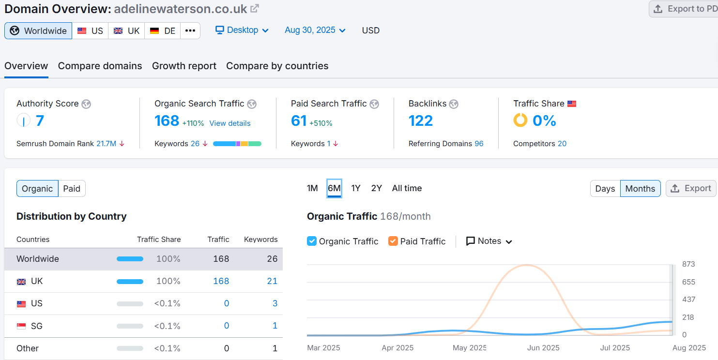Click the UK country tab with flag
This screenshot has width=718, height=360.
tap(126, 31)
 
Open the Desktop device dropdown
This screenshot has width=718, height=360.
tap(242, 30)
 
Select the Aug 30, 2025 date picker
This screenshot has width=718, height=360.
tap(315, 30)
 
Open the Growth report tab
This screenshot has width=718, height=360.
tap(184, 66)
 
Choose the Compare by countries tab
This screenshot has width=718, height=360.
tap(277, 66)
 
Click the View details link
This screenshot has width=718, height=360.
tap(230, 123)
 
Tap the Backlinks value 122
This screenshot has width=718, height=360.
tap(421, 120)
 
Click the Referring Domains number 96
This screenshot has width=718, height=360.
tap(479, 144)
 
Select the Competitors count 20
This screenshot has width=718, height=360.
tap(562, 144)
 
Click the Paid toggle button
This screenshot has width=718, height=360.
tap(72, 189)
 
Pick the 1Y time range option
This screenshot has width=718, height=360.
tap(356, 188)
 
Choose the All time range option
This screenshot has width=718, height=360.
tap(407, 188)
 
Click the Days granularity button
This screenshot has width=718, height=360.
tap(605, 189)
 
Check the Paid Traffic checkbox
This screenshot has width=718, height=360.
tap(393, 241)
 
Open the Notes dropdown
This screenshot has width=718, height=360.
tap(489, 241)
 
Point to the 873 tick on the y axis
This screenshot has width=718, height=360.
tap(688, 264)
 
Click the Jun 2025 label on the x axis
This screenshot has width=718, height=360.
tap(543, 348)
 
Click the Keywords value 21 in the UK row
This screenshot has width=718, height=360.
tap(272, 281)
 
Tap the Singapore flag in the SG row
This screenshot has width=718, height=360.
tap(21, 326)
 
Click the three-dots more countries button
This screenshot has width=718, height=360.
tap(190, 31)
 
